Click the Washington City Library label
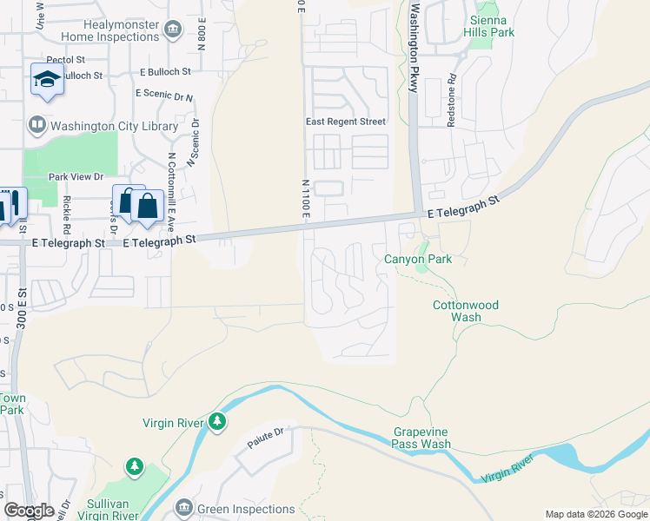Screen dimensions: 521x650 coord(115,126)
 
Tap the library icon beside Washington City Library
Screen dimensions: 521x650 coord(37,125)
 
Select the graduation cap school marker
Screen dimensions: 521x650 coord(47,81)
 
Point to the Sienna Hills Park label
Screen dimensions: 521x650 coord(492,26)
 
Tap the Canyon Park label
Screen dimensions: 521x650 coord(419,260)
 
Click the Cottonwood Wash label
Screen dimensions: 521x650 coord(466,311)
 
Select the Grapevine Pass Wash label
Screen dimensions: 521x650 coord(421,438)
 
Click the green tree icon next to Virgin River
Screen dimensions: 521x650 coord(217,423)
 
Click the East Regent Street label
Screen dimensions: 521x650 coord(345,122)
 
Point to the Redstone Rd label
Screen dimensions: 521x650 coord(452,105)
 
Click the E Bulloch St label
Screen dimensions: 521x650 coord(164,72)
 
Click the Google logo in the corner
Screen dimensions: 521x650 coord(30,511)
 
